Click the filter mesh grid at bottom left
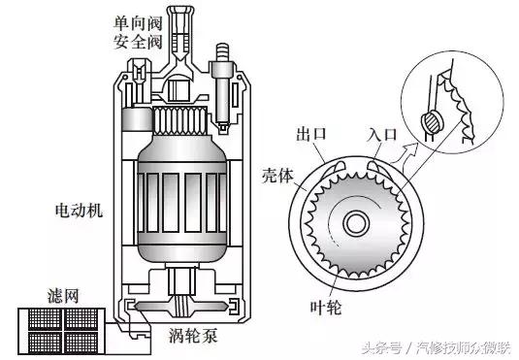(60, 330)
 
